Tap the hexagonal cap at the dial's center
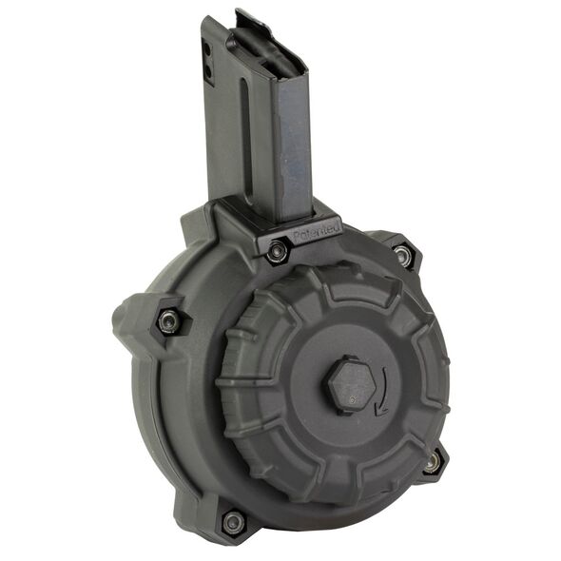pyautogui.click(x=352, y=385)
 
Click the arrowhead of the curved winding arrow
pyautogui.click(x=379, y=410)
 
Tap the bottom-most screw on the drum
pyautogui.click(x=232, y=522)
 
